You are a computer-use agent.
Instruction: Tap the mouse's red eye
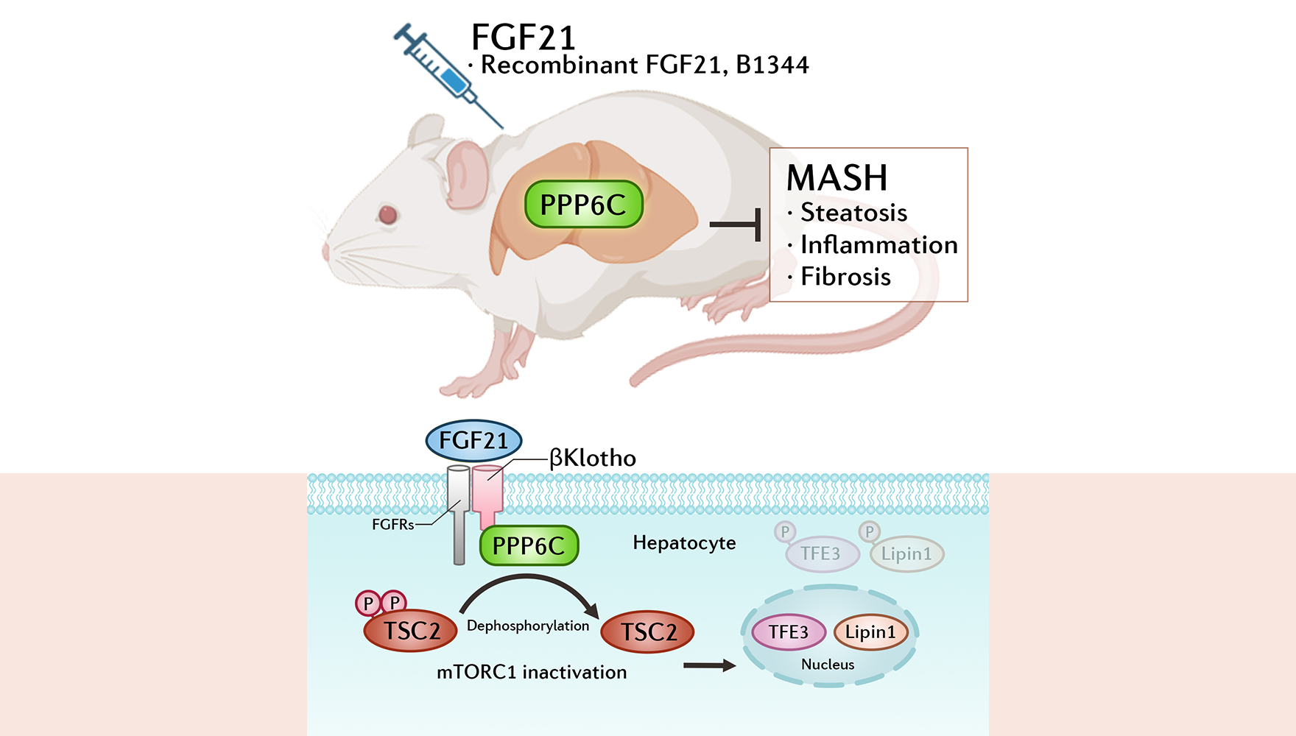pos(387,214)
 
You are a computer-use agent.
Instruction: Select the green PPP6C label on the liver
pos(583,205)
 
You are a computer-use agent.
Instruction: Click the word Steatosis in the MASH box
pos(853,213)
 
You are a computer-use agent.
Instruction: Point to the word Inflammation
pos(878,245)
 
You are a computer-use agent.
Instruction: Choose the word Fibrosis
pos(845,277)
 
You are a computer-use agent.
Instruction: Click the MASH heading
pos(837,178)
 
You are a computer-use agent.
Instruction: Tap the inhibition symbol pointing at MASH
pos(736,224)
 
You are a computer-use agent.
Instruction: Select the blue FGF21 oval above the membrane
pos(473,441)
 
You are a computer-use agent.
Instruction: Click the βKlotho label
pos(593,459)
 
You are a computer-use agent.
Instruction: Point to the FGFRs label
pos(392,525)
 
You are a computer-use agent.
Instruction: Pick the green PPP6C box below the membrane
pos(529,546)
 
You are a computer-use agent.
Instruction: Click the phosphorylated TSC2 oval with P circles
pos(411,631)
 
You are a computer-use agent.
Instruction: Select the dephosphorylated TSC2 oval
pos(647,631)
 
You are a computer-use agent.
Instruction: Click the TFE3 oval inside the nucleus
pos(788,632)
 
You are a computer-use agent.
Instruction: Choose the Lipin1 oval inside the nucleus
pos(870,632)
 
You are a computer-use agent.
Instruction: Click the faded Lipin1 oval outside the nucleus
pos(906,554)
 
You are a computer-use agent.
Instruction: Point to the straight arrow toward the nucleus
pos(708,666)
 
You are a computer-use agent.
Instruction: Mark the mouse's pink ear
pos(465,174)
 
